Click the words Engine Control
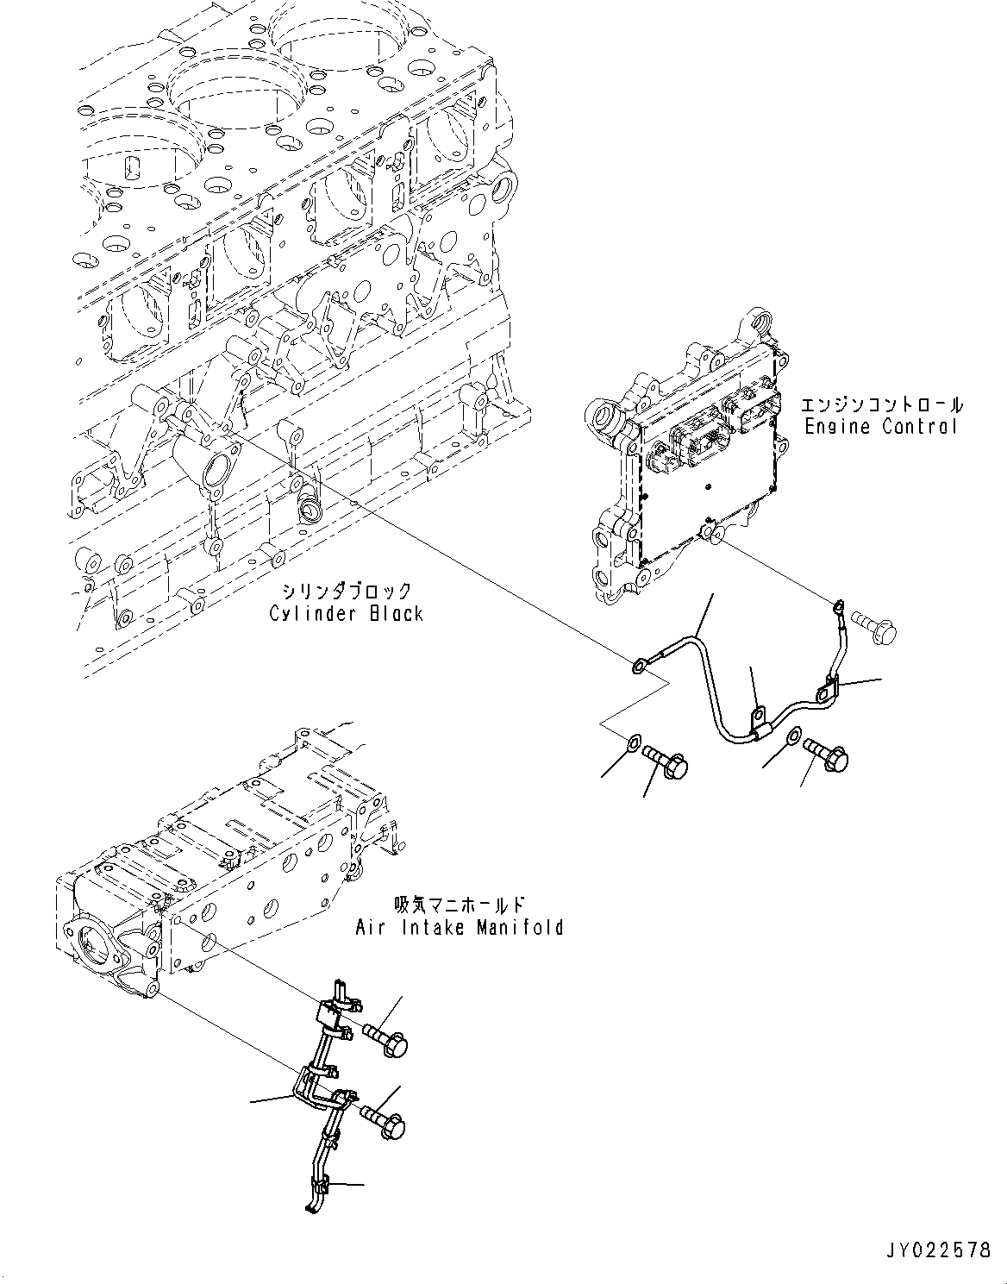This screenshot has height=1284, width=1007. [880, 426]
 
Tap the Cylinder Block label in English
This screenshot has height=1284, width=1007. [346, 613]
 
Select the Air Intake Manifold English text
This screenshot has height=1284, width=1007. [459, 927]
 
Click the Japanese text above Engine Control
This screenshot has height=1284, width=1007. [881, 404]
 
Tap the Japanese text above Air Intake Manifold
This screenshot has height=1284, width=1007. [459, 905]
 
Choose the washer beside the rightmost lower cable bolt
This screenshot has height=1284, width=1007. [791, 736]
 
